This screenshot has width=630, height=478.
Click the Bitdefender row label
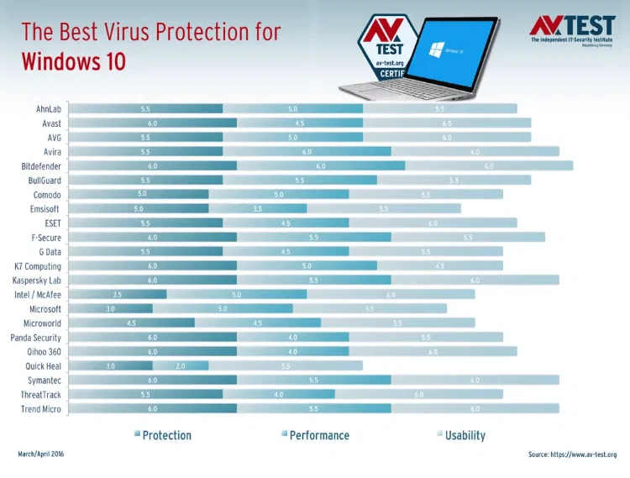tap(41, 166)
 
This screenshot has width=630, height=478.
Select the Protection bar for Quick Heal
tap(110, 366)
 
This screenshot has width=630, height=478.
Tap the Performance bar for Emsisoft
tap(257, 209)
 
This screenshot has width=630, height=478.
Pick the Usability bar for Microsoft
tap(370, 309)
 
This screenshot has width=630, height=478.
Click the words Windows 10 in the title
tap(73, 61)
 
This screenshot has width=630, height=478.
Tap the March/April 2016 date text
tap(40, 454)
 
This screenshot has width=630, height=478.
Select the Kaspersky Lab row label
tap(37, 281)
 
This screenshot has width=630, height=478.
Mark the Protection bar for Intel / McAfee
tap(117, 295)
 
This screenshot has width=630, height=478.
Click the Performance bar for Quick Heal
tap(181, 366)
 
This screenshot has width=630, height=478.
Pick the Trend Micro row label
tap(41, 409)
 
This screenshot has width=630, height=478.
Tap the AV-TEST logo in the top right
tap(572, 30)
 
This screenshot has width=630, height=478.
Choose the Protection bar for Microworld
tap(131, 323)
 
